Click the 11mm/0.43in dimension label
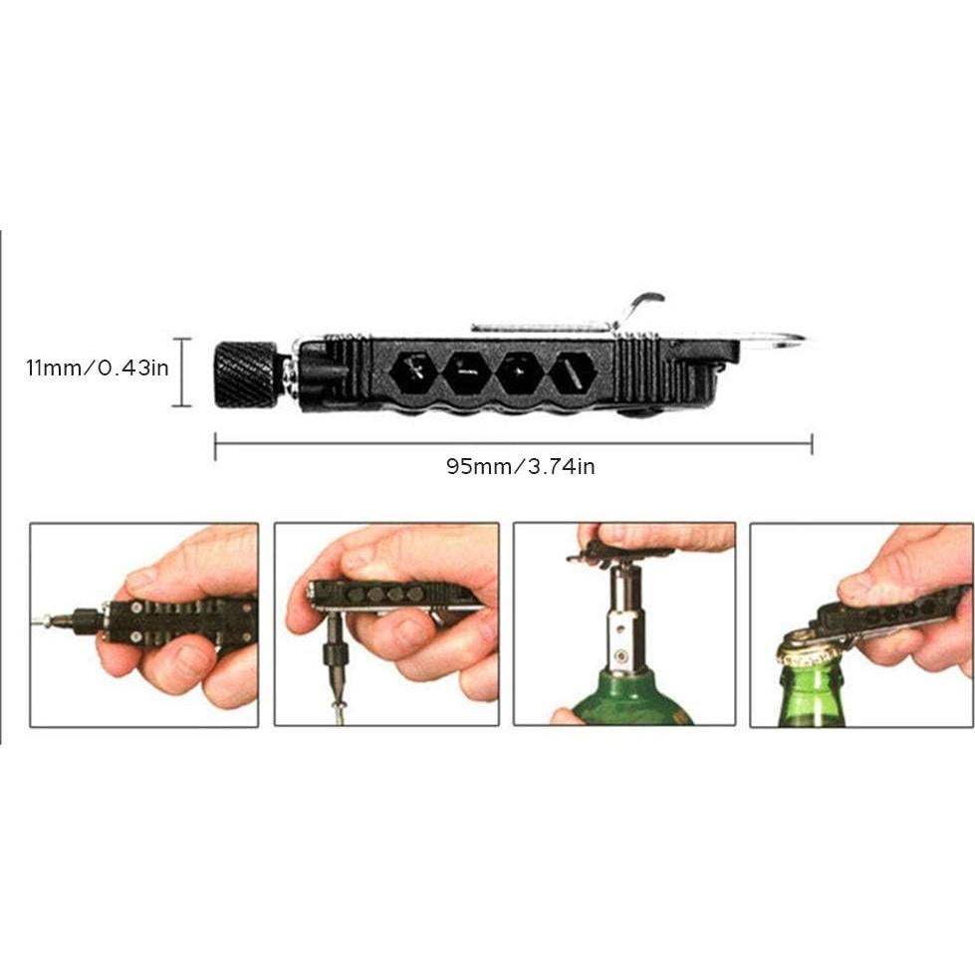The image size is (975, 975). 98,367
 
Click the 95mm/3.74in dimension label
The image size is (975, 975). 520,466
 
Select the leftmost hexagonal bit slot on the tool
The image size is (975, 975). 413,373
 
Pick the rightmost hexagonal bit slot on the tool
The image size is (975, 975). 573,373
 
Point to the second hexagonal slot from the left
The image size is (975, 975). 466,373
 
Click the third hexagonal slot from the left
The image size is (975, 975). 519,373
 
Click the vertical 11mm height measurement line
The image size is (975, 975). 181,372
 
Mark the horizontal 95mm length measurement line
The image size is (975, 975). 513,444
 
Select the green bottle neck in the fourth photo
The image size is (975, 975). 812,692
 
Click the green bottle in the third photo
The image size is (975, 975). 627,697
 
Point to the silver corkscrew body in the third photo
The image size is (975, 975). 623,617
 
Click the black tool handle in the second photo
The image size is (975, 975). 388,595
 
